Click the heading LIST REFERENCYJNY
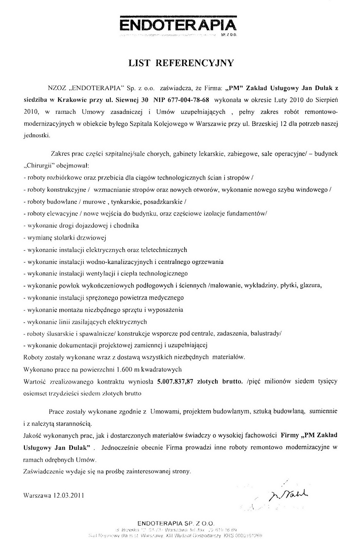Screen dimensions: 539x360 [x=181, y=63]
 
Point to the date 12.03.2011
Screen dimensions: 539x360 [x=69, y=496]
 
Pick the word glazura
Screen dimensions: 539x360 [x=310, y=285]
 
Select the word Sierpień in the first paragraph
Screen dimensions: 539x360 [x=327, y=99]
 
